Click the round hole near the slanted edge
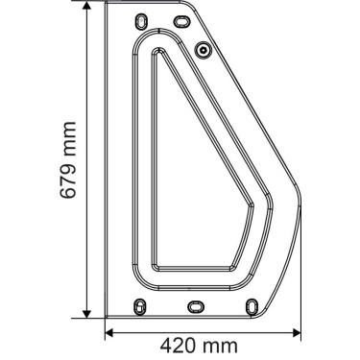pos(204,49)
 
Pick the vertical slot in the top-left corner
pos(142,20)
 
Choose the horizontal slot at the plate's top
pos(182,18)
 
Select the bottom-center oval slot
pos(194,303)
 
